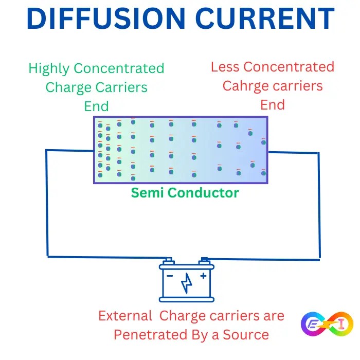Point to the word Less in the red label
click(225, 67)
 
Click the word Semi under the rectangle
click(148, 193)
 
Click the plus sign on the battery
click(203, 276)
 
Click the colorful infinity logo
click(327, 325)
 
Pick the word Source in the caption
click(248, 335)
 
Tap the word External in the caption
click(125, 316)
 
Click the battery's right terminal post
click(204, 261)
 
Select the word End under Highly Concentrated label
click(97, 106)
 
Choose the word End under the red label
click(273, 105)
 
